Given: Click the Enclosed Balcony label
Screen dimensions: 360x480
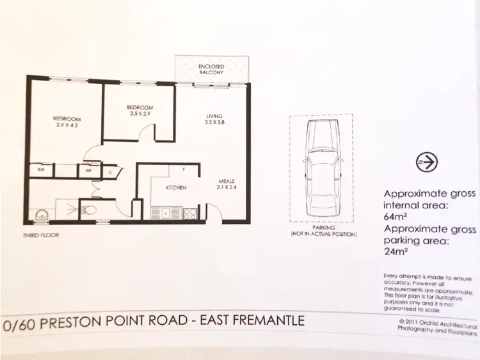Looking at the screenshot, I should click(x=211, y=69).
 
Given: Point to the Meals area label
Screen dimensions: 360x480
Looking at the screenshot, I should click(x=227, y=181).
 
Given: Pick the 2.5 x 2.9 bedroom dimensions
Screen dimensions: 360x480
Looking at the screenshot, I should click(x=140, y=114).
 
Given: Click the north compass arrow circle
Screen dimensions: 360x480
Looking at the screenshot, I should click(x=426, y=162).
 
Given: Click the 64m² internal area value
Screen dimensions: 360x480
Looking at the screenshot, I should click(x=394, y=217).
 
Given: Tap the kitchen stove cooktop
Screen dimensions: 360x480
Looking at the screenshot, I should click(x=190, y=214).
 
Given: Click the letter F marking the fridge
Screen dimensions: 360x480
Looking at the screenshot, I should click(x=184, y=169).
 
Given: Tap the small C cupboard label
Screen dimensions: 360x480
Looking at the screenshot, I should click(x=110, y=171).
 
